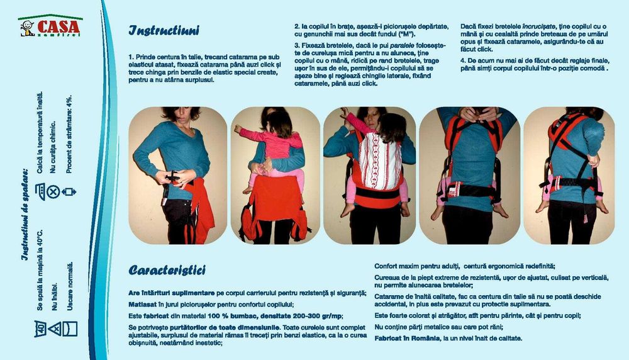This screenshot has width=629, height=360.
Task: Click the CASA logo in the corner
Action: (x=50, y=27)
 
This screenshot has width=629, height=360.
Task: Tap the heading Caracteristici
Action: (x=167, y=271)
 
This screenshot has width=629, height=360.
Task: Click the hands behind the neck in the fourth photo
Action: (x=477, y=115)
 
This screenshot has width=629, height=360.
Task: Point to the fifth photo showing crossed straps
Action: (x=569, y=175)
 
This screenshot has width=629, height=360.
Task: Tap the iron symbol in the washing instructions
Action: (x=40, y=189)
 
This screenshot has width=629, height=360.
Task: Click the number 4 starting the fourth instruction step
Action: (x=463, y=60)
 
